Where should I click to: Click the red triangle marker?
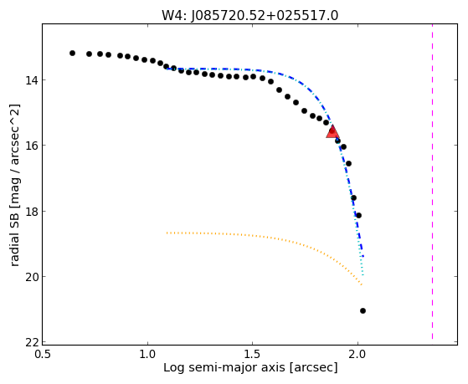coord(332,131)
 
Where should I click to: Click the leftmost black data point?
coord(72,53)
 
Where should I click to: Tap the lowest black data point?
coord(363,311)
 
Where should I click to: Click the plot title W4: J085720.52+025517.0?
coord(250,16)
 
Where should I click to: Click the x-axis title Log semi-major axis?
coord(224,367)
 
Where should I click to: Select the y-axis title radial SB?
coord(15,226)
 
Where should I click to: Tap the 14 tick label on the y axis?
coord(31,80)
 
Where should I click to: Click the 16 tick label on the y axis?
coord(31,146)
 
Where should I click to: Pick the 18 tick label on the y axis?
coord(31,212)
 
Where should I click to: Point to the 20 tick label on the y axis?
coord(31,277)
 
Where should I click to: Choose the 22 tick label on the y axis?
coord(31,342)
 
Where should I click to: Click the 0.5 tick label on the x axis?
coord(43,354)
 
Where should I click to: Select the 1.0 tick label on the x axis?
coord(147,354)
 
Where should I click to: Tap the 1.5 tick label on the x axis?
coord(253,354)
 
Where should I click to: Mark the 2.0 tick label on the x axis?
coord(357,354)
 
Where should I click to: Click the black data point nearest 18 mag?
coord(359,215)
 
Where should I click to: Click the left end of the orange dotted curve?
coord(167,233)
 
